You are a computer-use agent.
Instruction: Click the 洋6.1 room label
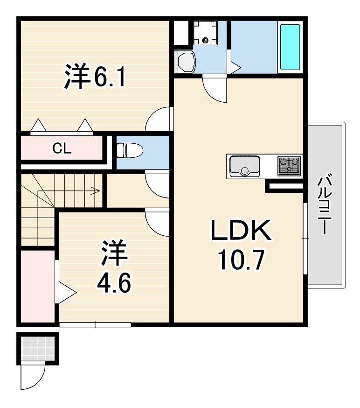coord(95,76)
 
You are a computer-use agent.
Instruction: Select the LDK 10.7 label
coord(241,245)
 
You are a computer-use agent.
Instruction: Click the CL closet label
coord(62,148)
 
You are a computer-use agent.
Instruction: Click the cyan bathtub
coord(290,47)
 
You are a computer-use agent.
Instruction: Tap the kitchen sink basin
coord(244,166)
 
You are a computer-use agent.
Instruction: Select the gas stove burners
coord(289,166)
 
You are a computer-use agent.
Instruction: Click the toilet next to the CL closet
coord(130,150)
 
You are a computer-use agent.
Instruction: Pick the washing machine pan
coord(205,33)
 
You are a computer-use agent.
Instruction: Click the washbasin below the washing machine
coord(185,62)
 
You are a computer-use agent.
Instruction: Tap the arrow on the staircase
coord(69,191)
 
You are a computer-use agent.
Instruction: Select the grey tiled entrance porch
coord(38,349)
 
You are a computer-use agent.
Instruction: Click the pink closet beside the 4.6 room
coord(38,286)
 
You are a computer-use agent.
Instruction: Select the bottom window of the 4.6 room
coord(95,324)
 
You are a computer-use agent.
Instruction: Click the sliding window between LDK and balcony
coord(305,239)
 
